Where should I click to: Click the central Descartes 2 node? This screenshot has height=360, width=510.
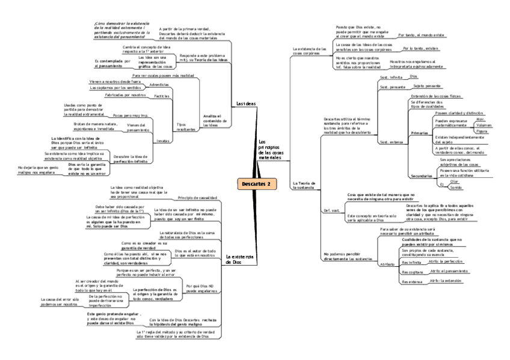tap(257, 183)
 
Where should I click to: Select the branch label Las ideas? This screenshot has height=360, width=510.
tap(246, 103)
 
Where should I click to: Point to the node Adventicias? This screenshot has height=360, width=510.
tap(158, 85)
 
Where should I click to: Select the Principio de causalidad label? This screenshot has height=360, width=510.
tap(197, 197)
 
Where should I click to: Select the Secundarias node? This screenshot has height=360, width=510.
tap(421, 175)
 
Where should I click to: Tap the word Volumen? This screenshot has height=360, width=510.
tap(483, 125)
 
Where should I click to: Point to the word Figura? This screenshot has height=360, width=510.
tap(481, 131)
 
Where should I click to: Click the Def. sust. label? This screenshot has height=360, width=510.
tap(332, 210)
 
